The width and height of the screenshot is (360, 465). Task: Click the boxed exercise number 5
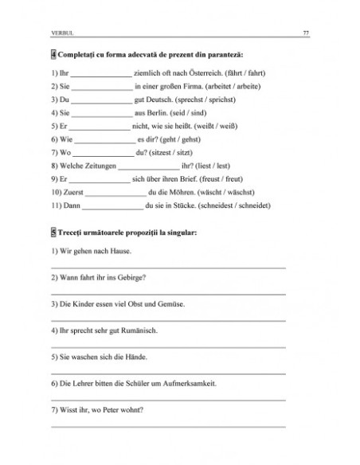[x=53, y=232]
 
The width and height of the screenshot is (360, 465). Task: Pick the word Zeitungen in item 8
[x=97, y=166]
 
